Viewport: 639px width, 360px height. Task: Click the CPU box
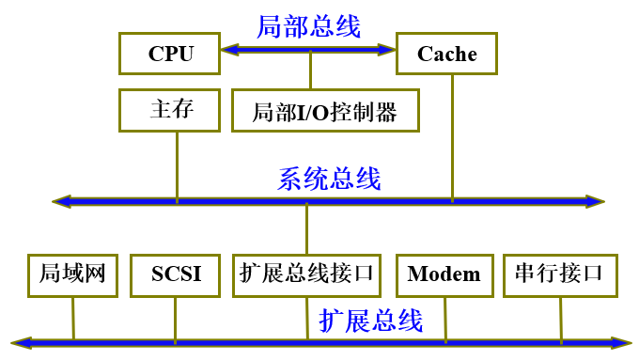click(x=170, y=54)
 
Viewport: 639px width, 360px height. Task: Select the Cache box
click(x=446, y=54)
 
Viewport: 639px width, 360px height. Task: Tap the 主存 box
click(x=170, y=110)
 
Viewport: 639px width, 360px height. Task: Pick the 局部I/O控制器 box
click(x=325, y=112)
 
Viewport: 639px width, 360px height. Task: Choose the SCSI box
click(x=176, y=274)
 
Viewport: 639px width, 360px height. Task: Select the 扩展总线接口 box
click(x=306, y=274)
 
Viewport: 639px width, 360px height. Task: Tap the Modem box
click(x=444, y=274)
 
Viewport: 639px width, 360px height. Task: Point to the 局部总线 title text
click(x=309, y=25)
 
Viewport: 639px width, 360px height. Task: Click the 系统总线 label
click(x=329, y=179)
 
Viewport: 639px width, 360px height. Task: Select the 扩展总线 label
click(x=370, y=321)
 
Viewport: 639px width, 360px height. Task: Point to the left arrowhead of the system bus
click(x=62, y=200)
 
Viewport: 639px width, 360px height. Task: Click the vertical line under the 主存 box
click(x=177, y=164)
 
